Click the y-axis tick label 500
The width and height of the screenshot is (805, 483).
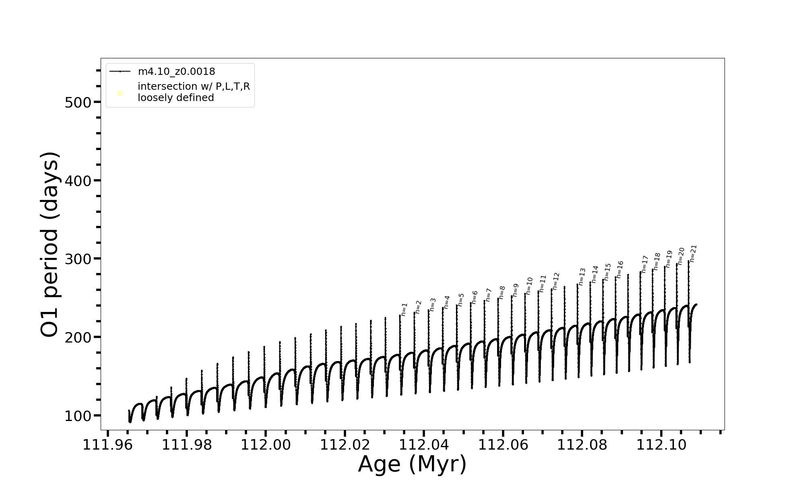pos(78,102)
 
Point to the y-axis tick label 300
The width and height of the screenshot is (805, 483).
pos(78,259)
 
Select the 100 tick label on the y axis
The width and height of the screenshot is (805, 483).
pos(78,416)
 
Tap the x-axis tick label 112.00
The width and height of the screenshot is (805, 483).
pos(266,445)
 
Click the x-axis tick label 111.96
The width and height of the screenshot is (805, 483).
pos(107,445)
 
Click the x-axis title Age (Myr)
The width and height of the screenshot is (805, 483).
pos(412,464)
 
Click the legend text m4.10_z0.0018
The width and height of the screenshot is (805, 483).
pos(176,72)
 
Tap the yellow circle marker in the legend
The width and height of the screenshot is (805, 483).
pos(120,93)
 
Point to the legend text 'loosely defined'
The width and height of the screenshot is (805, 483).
pos(175,98)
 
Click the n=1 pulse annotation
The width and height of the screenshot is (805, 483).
pos(404,309)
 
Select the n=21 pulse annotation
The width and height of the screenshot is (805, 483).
pos(693,254)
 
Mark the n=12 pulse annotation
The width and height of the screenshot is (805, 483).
pos(556,281)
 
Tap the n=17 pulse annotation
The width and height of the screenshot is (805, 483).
pos(645,264)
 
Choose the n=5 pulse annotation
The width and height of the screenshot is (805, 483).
pos(461,300)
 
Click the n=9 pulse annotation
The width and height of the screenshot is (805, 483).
pos(516,290)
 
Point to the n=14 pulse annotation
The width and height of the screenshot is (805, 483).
pos(595,274)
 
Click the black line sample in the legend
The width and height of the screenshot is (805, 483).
pos(120,72)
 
